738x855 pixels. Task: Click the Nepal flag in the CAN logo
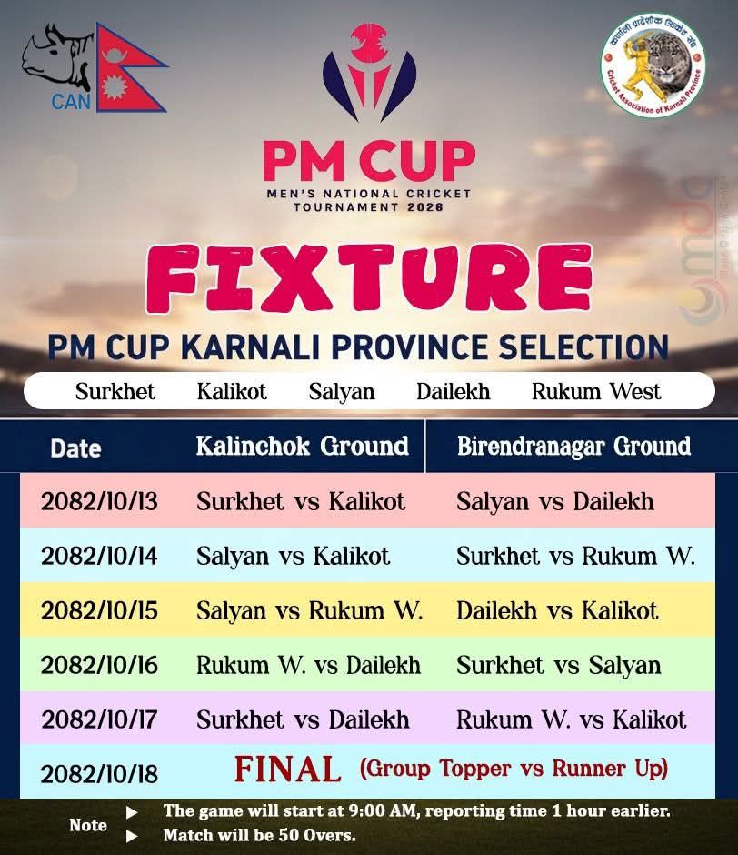[127, 71]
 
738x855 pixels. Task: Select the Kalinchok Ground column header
[302, 446]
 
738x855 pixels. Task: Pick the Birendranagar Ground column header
[573, 446]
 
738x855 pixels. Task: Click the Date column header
[75, 448]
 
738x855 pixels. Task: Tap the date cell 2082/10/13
[99, 502]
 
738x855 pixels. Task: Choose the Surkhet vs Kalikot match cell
[301, 501]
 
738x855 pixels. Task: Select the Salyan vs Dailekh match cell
[554, 501]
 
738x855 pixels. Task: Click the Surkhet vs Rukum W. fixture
[575, 556]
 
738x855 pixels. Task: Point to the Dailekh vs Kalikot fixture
[557, 609]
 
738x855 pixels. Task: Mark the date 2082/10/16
[99, 665]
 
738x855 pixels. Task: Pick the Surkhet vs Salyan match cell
[558, 665]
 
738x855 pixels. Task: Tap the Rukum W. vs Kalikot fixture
[571, 719]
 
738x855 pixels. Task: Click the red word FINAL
[287, 769]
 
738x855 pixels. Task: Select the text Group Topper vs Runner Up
[514, 769]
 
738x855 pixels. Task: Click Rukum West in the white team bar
[596, 392]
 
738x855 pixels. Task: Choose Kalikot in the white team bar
[232, 392]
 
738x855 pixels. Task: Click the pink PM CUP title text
[368, 161]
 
